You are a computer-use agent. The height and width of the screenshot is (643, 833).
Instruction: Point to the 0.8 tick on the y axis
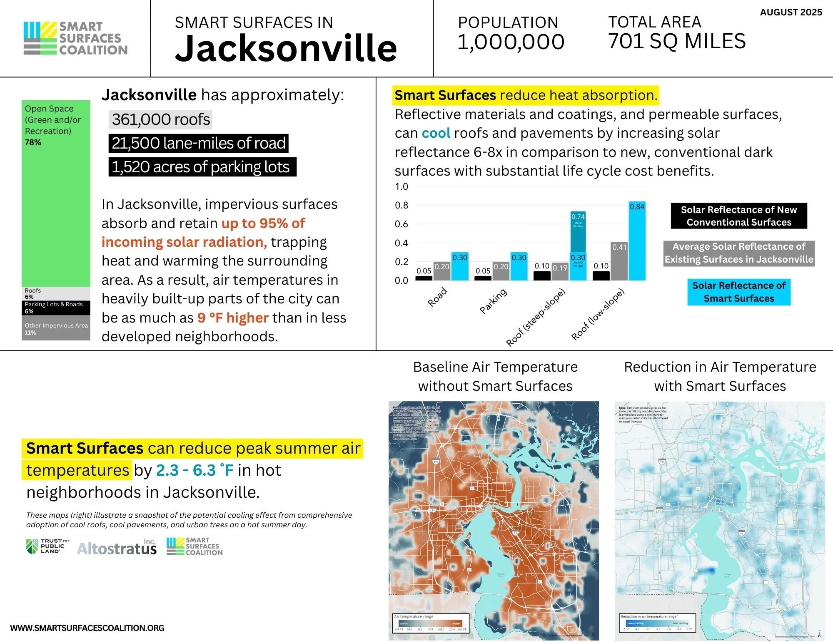402,205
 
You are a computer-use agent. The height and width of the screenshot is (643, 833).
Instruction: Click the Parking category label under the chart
493,300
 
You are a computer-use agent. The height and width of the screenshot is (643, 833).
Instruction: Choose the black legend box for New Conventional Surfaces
738,216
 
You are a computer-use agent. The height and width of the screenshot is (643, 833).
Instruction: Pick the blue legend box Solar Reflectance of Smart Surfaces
738,292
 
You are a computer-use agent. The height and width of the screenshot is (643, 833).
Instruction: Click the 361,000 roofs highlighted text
161,120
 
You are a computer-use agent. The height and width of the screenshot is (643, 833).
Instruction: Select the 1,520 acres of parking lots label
202,167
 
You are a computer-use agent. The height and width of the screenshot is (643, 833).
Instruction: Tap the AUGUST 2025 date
791,12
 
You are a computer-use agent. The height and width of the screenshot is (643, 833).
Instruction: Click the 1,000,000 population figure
511,42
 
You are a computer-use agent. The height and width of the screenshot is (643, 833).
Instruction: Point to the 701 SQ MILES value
677,42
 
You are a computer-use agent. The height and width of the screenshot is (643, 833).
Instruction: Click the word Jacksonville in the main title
286,49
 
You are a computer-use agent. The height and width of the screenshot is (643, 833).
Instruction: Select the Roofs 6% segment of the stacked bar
56,293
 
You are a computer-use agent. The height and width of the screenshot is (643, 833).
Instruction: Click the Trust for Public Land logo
47,546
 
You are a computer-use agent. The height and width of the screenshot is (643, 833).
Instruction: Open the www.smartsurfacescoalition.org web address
87,628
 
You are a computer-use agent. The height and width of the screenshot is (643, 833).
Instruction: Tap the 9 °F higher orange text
233,318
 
